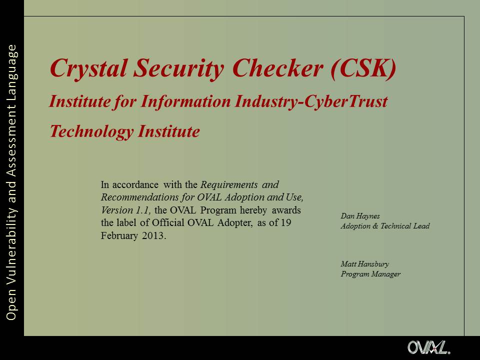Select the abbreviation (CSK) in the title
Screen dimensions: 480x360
pos(363,68)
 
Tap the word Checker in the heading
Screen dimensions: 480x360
pos(277,68)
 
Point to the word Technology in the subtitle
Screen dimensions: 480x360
pos(91,132)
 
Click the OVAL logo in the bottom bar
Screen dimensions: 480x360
pos(428,348)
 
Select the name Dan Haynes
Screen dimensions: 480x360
pos(360,216)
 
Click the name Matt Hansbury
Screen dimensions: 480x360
pos(365,263)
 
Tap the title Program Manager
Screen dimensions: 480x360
pos(370,274)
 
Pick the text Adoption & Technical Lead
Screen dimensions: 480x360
pos(385,226)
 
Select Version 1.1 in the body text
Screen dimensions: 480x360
pos(125,210)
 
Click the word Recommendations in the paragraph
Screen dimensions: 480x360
pos(139,197)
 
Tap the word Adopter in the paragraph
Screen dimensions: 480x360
pos(235,223)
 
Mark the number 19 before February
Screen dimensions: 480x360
pos(286,222)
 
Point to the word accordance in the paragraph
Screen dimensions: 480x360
pos(135,184)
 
